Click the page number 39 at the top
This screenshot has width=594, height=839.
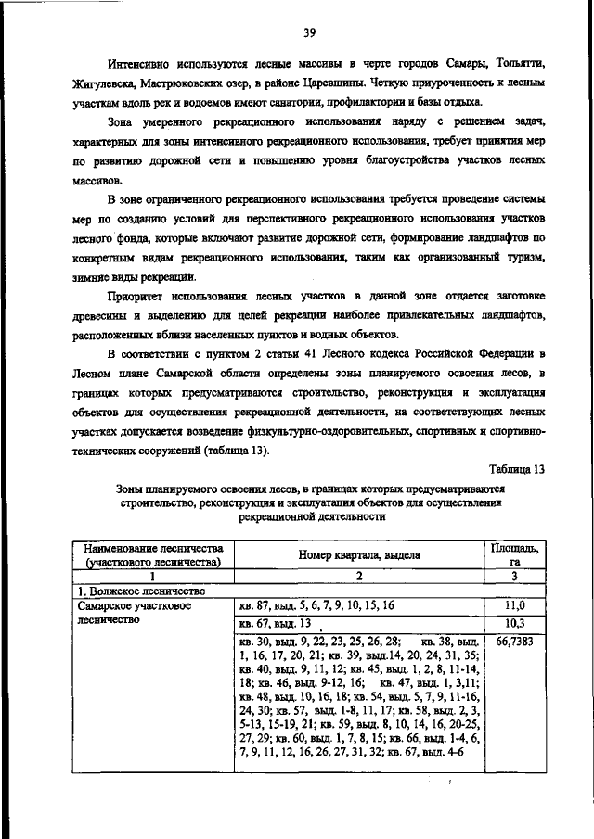(309, 33)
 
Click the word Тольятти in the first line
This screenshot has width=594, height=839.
(515, 62)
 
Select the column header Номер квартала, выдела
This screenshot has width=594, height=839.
(358, 554)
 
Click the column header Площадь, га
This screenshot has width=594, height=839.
(519, 554)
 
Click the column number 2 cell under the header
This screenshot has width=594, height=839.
(358, 575)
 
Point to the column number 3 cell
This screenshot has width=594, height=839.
(518, 575)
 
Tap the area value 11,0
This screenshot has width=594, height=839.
(516, 604)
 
